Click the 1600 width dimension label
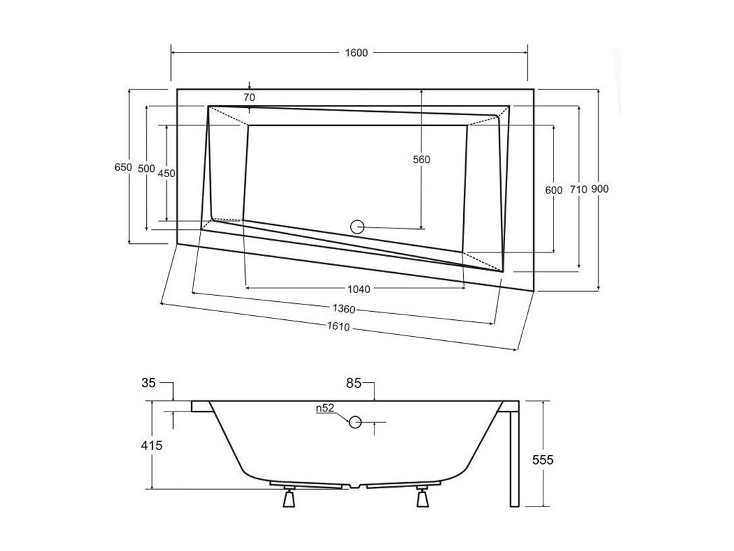[x=356, y=53]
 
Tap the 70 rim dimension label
[x=250, y=98]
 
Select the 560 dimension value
[x=422, y=160]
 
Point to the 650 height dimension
[x=123, y=167]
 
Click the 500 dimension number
[x=147, y=169]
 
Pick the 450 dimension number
[x=166, y=174]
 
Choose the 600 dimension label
[x=554, y=191]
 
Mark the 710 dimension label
[x=578, y=189]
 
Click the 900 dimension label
[x=599, y=189]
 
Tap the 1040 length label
[x=358, y=290]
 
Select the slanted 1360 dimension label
[x=344, y=309]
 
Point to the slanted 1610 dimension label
[x=338, y=326]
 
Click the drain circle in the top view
[x=357, y=227]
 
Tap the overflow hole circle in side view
[x=356, y=422]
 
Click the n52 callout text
[x=325, y=408]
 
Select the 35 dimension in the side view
[x=148, y=383]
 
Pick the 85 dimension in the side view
[x=354, y=383]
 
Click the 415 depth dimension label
[x=152, y=445]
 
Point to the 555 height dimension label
[x=543, y=460]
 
